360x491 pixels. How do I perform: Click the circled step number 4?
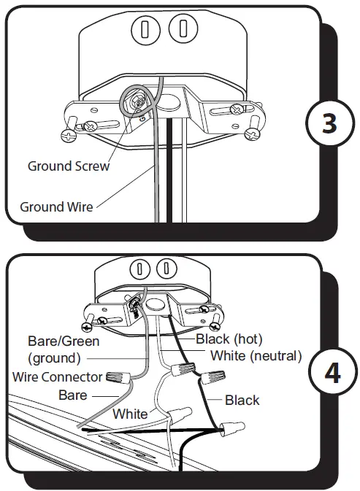[x=332, y=373]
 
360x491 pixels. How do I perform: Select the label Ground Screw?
[x=69, y=166]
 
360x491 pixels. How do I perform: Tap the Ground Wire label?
[x=56, y=206]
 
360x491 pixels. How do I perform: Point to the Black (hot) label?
[x=229, y=339]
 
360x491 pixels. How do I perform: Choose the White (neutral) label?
[x=256, y=356]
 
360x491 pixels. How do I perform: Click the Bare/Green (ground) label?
[x=64, y=349]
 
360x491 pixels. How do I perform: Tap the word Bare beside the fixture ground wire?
[x=73, y=395]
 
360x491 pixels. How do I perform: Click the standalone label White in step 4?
[x=129, y=414]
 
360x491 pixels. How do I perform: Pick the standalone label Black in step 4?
[x=242, y=400]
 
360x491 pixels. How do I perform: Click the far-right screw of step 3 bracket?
[x=253, y=134]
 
